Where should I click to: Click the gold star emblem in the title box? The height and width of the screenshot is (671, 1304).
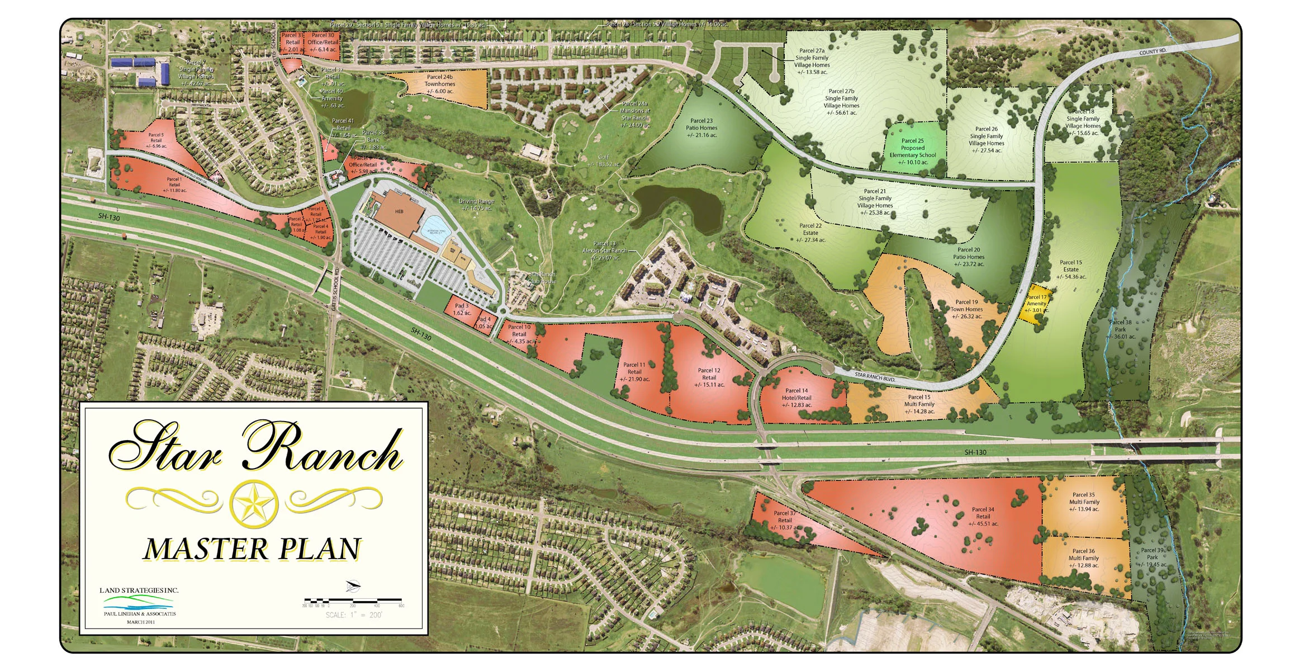254,503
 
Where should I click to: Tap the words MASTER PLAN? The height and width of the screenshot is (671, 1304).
253,549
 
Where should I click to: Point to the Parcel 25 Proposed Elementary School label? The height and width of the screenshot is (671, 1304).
912,152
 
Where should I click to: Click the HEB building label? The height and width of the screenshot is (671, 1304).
399,211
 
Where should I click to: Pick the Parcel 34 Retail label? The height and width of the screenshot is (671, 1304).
983,517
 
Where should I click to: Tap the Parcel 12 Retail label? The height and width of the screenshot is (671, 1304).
709,377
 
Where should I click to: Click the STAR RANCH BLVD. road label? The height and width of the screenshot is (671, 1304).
875,377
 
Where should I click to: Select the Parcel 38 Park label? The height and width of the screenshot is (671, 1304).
1120,329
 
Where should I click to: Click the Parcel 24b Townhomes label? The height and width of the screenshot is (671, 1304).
440,84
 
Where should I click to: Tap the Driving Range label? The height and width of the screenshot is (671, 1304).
476,205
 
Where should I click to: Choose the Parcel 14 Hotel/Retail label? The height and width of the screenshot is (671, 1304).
796,398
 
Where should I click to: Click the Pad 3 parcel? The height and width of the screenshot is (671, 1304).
461,309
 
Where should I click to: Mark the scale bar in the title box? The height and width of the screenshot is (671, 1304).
353,601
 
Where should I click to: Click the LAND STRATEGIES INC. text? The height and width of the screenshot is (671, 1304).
139,590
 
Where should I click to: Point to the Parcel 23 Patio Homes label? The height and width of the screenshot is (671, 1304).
701,127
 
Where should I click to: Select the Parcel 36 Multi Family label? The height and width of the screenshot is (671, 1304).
1083,558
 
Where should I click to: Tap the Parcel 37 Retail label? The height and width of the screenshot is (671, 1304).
785,520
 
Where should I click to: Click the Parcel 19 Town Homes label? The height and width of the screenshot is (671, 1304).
966,309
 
